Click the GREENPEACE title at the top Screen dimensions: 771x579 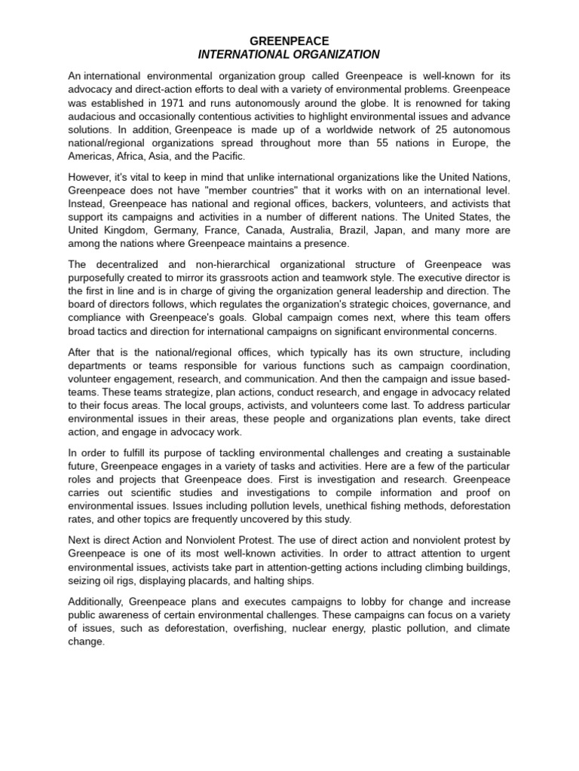click(x=289, y=41)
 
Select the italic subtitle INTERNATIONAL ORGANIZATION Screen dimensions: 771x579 click(x=289, y=54)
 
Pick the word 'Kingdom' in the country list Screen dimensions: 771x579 click(x=125, y=230)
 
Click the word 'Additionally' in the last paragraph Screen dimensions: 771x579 click(x=96, y=601)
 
